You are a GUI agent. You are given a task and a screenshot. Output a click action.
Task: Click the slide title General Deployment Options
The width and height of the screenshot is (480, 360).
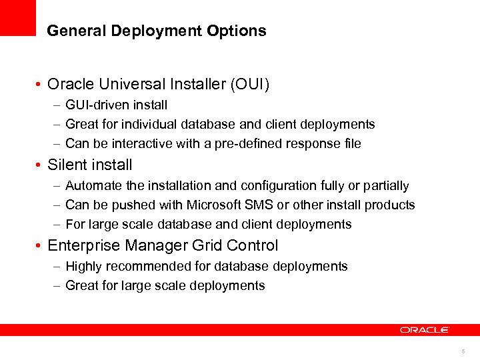[157, 31]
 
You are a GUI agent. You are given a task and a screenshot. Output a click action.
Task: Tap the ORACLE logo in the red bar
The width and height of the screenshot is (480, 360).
[425, 330]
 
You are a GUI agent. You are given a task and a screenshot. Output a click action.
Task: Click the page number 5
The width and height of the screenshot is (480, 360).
[462, 351]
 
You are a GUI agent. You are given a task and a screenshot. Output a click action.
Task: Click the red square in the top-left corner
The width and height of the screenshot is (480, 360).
[17, 17]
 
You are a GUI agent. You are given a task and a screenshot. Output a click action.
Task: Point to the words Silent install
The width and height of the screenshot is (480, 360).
[90, 165]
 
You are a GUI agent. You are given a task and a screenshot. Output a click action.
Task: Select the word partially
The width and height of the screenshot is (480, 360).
[385, 185]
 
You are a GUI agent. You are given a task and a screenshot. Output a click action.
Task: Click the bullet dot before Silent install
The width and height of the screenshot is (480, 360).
[41, 165]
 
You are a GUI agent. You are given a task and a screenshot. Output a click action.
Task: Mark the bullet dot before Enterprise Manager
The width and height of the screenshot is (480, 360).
[41, 246]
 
